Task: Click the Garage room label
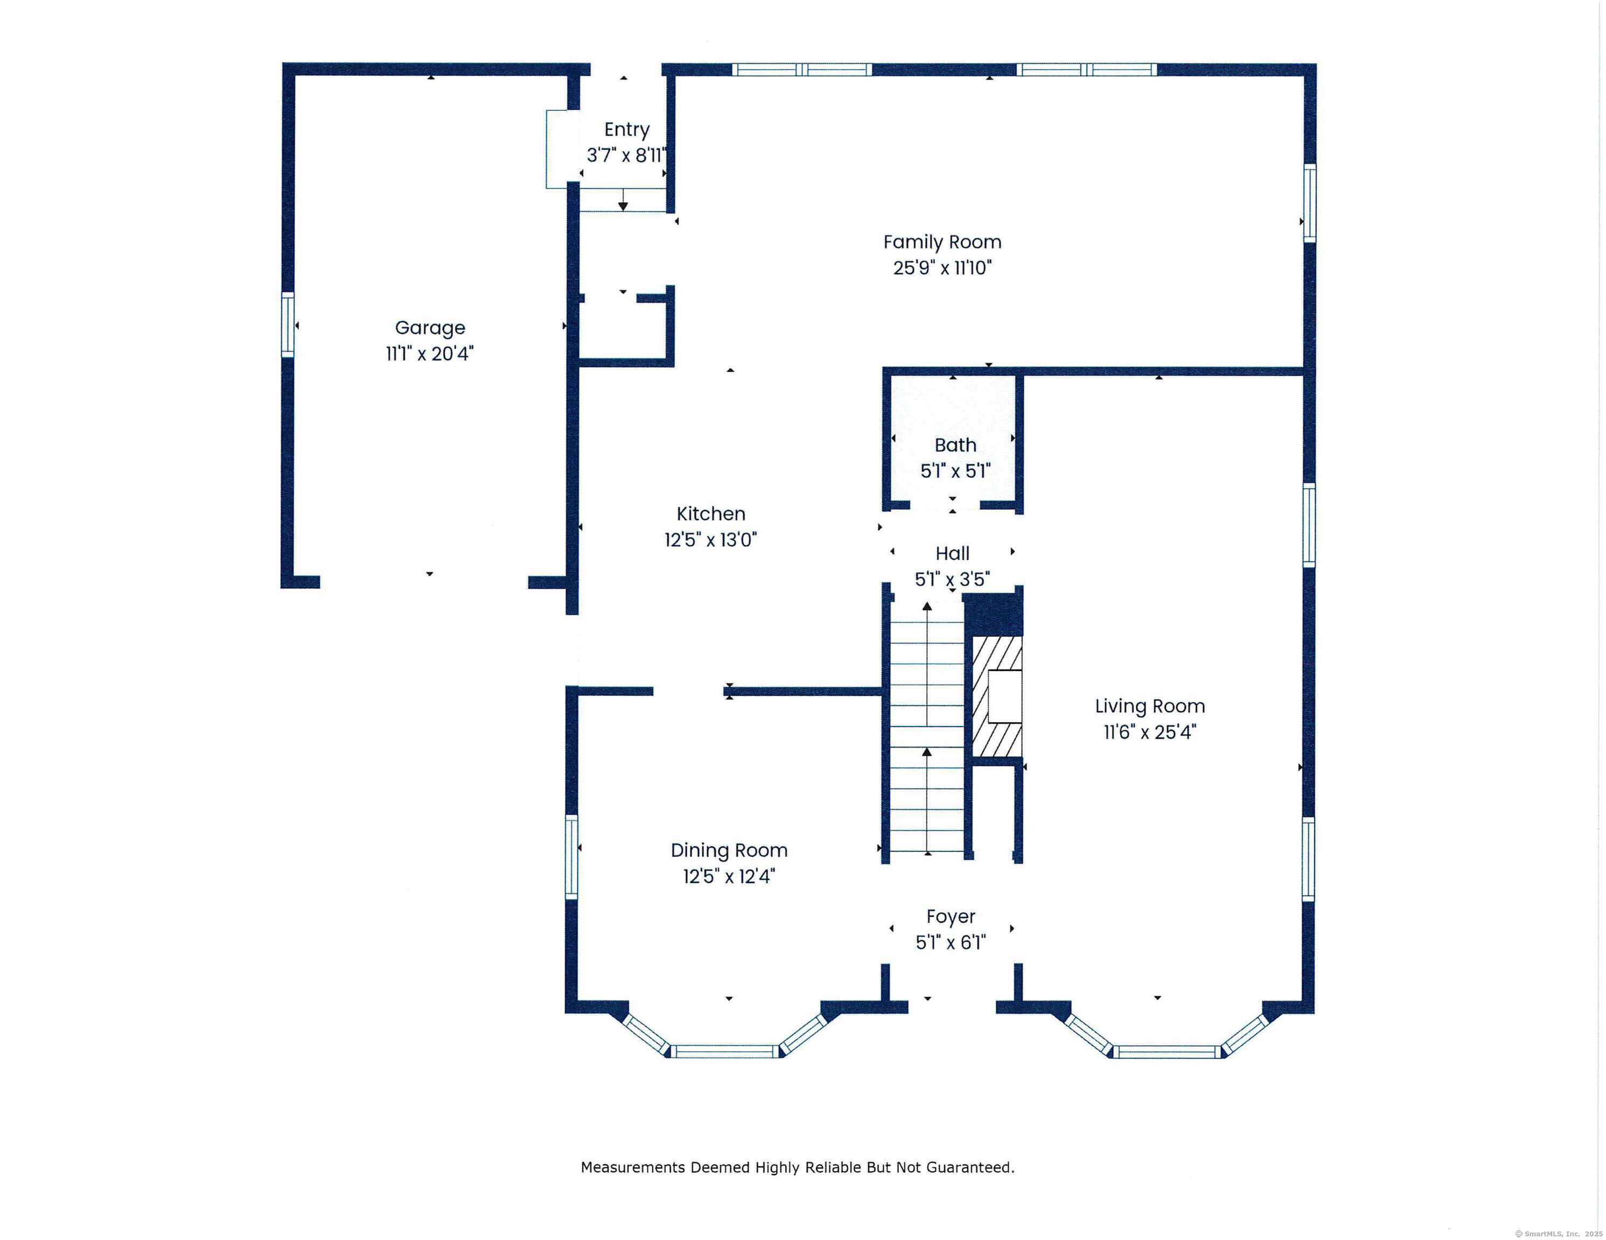pos(430,328)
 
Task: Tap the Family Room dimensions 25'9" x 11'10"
pos(942,267)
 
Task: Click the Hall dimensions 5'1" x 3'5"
pos(952,579)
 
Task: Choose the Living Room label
pos(1150,706)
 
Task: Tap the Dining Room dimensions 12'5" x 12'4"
pos(729,876)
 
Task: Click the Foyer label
pos(951,917)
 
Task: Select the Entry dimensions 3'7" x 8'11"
pos(626,155)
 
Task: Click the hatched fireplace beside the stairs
pos(996,696)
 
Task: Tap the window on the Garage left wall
pos(288,325)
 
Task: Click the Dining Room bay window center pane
pos(724,1052)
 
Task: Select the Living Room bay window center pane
pos(1167,1052)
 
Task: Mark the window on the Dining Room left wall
pos(571,856)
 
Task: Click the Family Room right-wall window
pos(1310,203)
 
